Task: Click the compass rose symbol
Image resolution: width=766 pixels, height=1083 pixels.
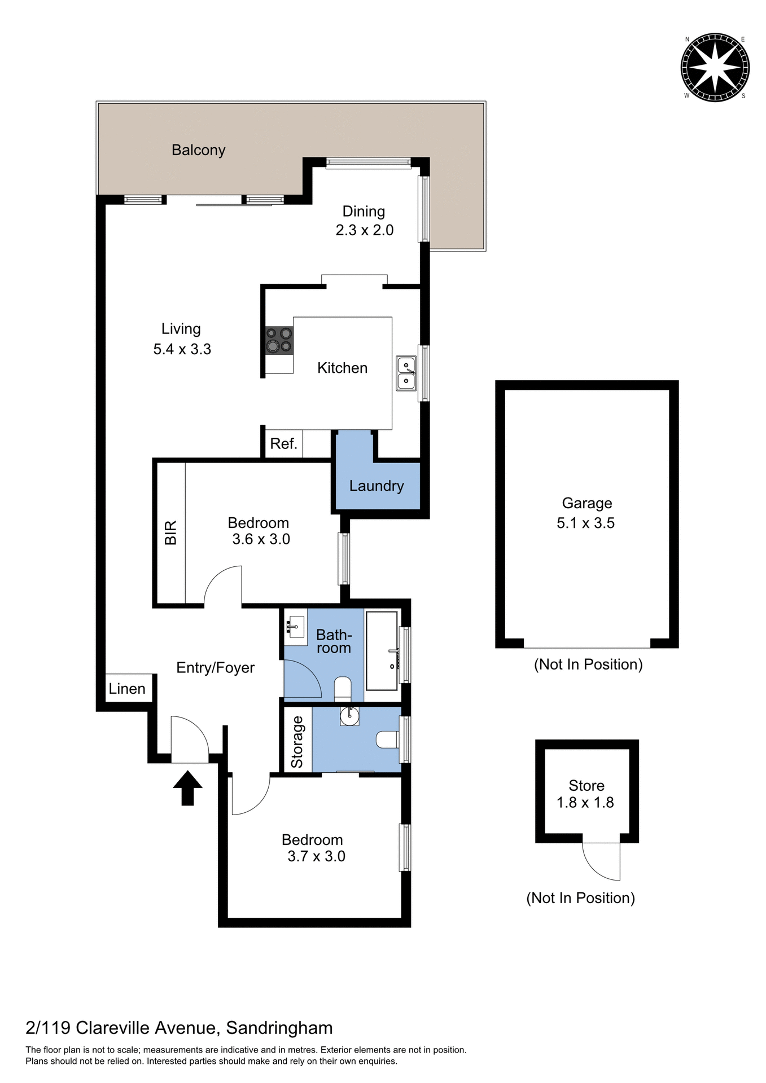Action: point(715,68)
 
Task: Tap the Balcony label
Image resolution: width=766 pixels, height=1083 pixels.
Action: point(198,150)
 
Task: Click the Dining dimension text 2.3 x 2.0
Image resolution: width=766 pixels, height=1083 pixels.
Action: point(364,230)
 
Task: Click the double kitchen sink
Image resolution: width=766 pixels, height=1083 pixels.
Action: point(406,373)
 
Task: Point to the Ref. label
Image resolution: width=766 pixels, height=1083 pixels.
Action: point(283,444)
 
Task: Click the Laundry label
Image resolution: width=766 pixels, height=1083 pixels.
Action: point(377,486)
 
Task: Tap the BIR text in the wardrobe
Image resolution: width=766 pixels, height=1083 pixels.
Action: point(170,532)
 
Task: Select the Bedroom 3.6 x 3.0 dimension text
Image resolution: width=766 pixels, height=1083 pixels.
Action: point(261,539)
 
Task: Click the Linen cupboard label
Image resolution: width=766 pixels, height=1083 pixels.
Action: point(127,689)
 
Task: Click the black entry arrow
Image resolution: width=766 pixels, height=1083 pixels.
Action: point(187,788)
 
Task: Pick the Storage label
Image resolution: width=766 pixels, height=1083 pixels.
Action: point(297,742)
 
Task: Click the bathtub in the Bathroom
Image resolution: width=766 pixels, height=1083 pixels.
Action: point(382,650)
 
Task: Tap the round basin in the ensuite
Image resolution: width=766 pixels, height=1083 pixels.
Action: point(350,717)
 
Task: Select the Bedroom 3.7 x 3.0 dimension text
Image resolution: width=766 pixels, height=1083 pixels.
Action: point(316,856)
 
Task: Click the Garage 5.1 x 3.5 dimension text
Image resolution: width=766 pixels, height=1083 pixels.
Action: point(585,523)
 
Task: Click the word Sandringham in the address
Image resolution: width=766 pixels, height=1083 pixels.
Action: point(279,1028)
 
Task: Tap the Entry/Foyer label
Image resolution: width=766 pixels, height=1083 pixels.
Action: point(215,668)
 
